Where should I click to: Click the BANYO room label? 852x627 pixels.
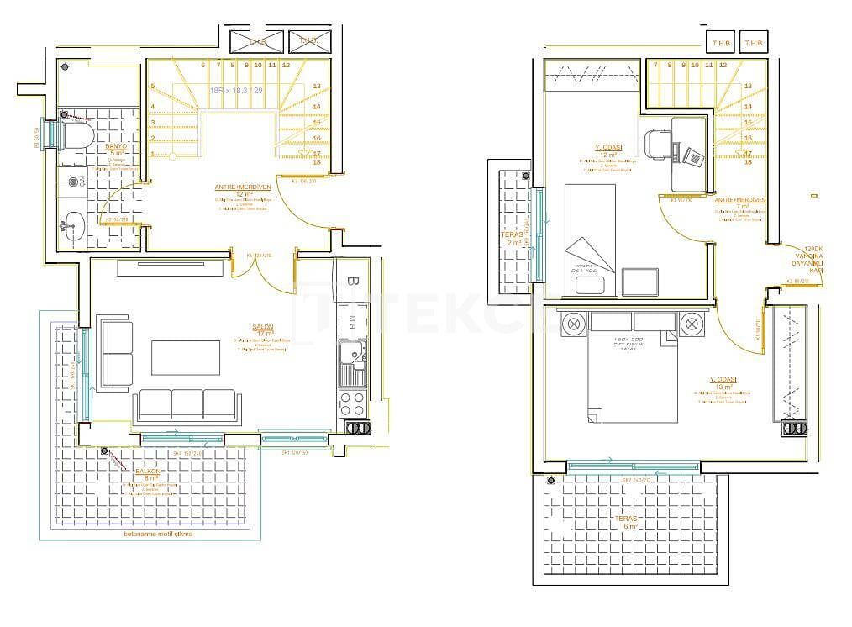pos(115,150)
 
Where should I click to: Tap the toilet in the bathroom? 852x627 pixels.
pos(78,134)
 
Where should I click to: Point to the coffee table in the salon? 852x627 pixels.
pos(186,357)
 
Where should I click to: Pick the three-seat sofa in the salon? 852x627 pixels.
pos(186,404)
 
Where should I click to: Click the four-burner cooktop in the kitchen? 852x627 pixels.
pos(351,403)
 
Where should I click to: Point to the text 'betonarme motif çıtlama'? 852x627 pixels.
pos(158,535)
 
